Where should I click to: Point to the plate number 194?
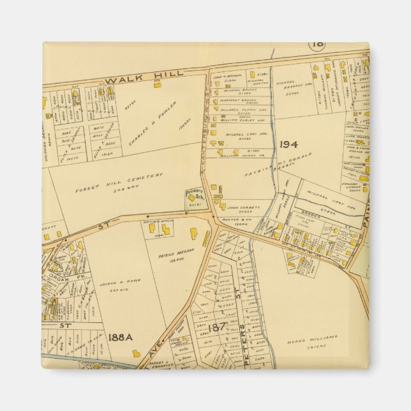coord(289,145)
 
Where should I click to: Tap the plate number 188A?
coord(120,337)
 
